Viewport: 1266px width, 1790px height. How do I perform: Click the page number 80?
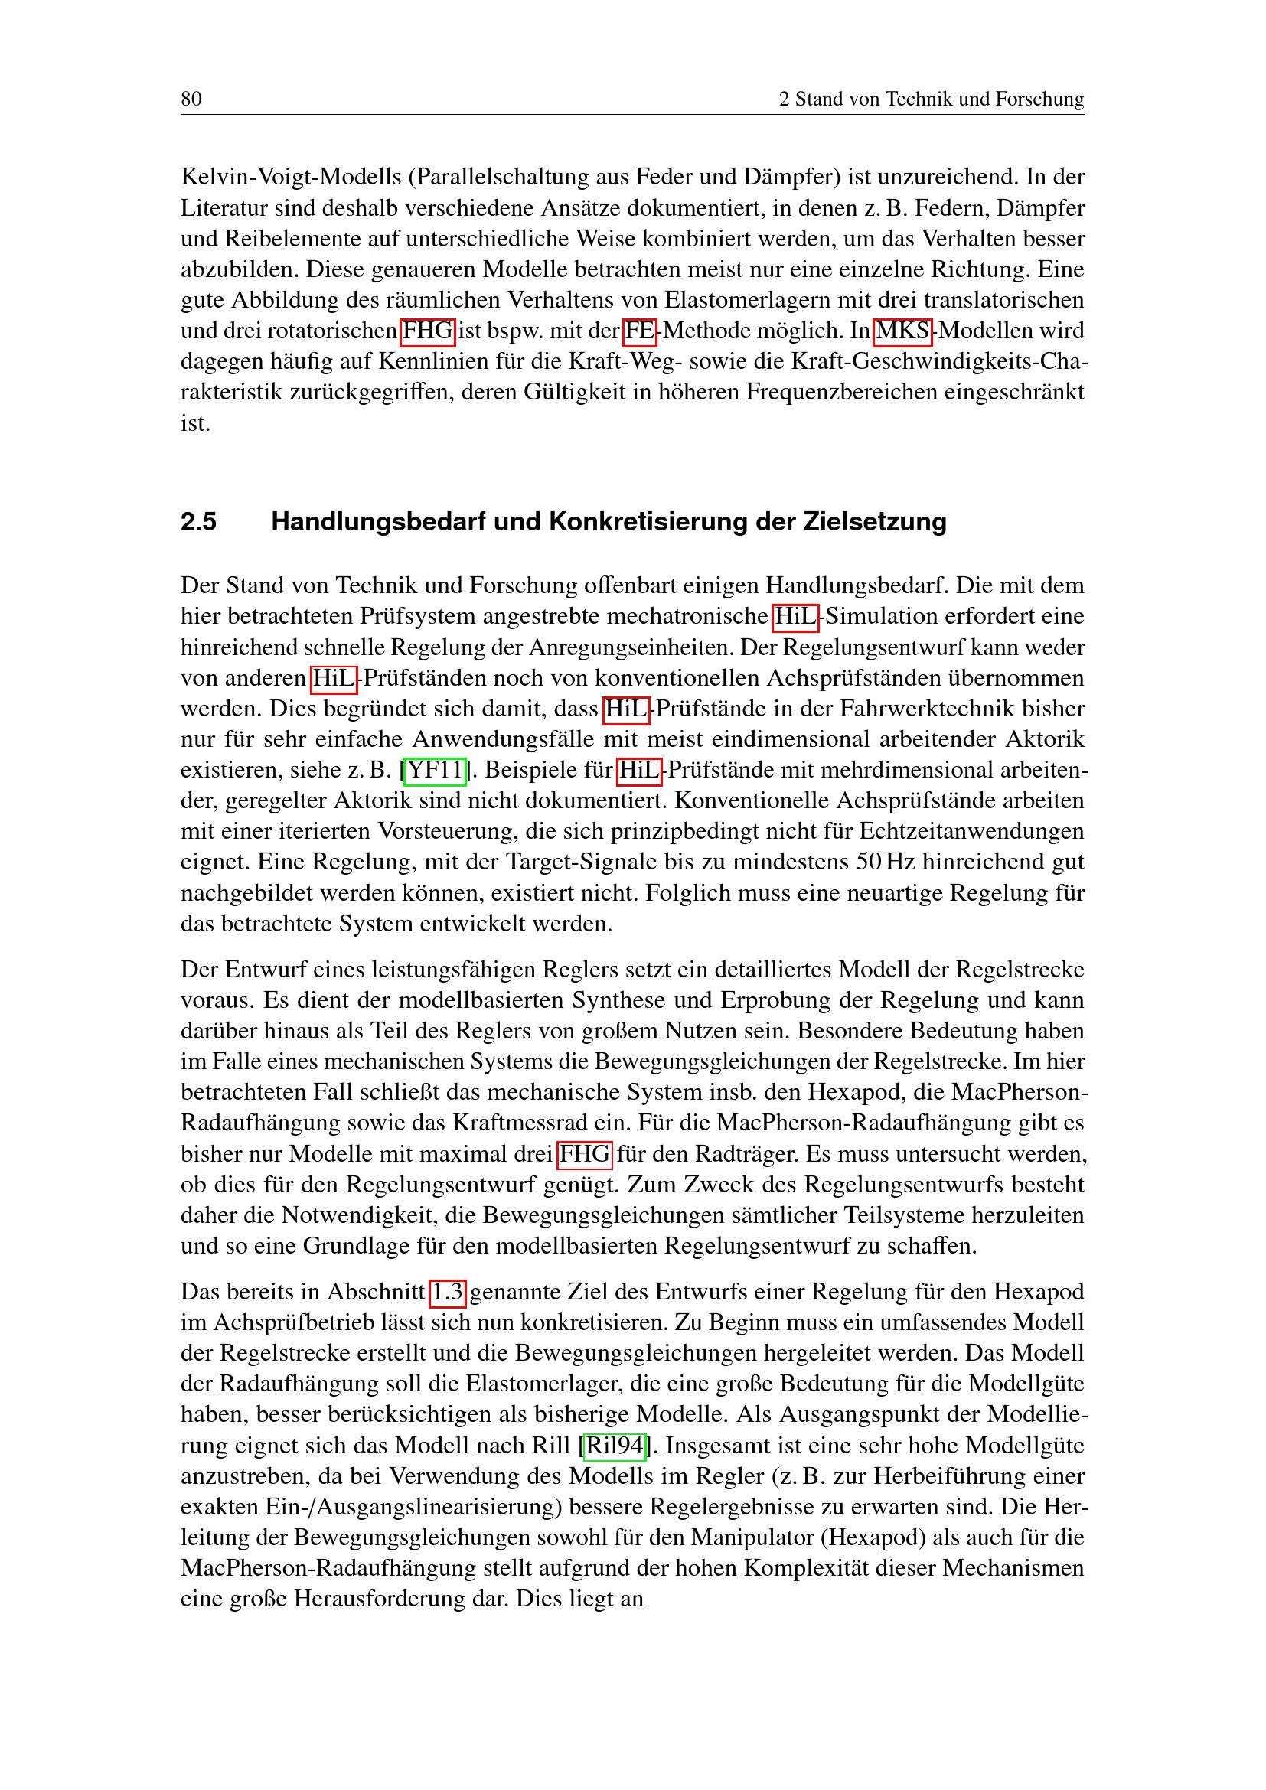(x=191, y=99)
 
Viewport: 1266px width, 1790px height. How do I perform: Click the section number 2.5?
(x=199, y=522)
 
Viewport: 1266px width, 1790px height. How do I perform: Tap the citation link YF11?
(x=435, y=771)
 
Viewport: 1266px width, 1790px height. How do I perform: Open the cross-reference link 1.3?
(x=448, y=1293)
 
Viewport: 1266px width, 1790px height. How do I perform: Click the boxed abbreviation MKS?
(x=902, y=331)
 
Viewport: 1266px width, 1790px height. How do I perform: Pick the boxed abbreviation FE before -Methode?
(x=640, y=331)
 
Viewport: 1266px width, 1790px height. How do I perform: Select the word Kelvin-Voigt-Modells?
(x=291, y=178)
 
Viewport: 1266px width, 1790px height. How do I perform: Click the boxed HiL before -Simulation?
(x=795, y=617)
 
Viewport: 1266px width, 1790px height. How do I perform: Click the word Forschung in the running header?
(x=1039, y=99)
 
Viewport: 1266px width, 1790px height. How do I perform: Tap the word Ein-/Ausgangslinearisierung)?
(x=410, y=1507)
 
